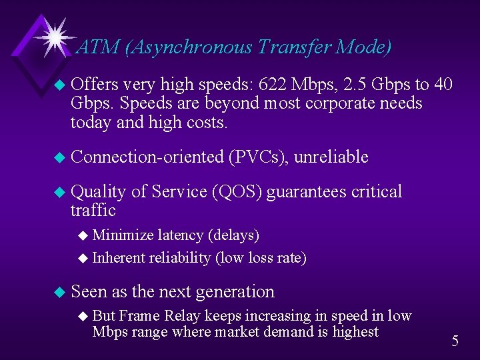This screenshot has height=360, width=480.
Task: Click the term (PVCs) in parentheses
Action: point(258,157)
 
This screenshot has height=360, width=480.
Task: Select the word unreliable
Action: point(331,157)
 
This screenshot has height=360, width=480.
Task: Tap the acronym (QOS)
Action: point(237,192)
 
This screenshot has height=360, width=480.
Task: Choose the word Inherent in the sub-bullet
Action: point(119,258)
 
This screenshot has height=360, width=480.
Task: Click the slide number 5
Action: point(455,341)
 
